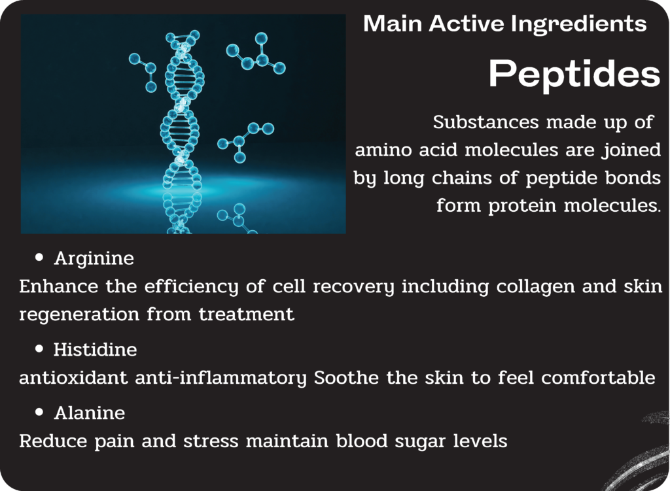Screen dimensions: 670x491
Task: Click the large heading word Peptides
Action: [574, 73]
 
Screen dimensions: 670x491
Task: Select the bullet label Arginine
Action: [94, 259]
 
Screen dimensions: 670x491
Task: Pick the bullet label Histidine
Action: [96, 350]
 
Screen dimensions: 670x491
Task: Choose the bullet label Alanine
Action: [90, 413]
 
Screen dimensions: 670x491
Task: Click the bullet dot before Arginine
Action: [39, 257]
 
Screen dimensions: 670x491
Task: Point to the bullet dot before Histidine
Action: [39, 349]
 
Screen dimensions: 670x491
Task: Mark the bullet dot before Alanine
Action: [39, 412]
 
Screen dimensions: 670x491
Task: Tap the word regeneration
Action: [79, 315]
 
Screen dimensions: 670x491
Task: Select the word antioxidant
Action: [73, 377]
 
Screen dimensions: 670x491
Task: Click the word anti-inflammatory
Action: [221, 379]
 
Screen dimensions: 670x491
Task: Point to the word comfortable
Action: [598, 377]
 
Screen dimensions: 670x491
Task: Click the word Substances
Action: [485, 122]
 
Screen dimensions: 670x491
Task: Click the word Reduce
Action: [53, 441]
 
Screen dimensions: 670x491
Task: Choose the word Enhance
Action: [58, 286]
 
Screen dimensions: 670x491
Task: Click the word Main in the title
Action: [393, 24]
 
